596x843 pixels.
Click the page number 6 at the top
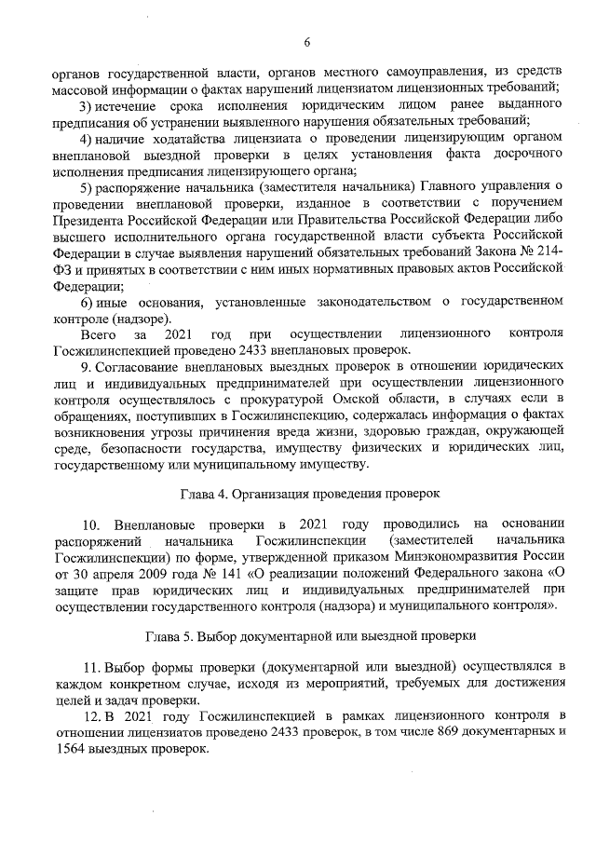point(306,40)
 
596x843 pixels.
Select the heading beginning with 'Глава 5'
point(311,636)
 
